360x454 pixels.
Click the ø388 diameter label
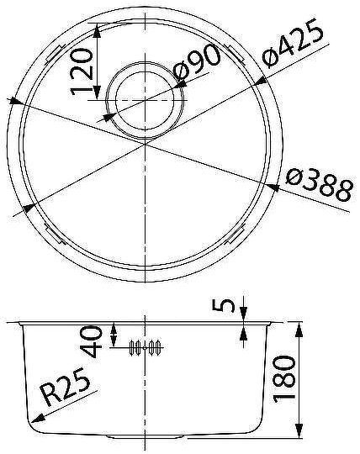tap(317, 185)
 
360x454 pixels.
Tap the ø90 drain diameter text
tap(199, 67)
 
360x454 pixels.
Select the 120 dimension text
tap(81, 74)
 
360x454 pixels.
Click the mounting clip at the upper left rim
tap(54, 54)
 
